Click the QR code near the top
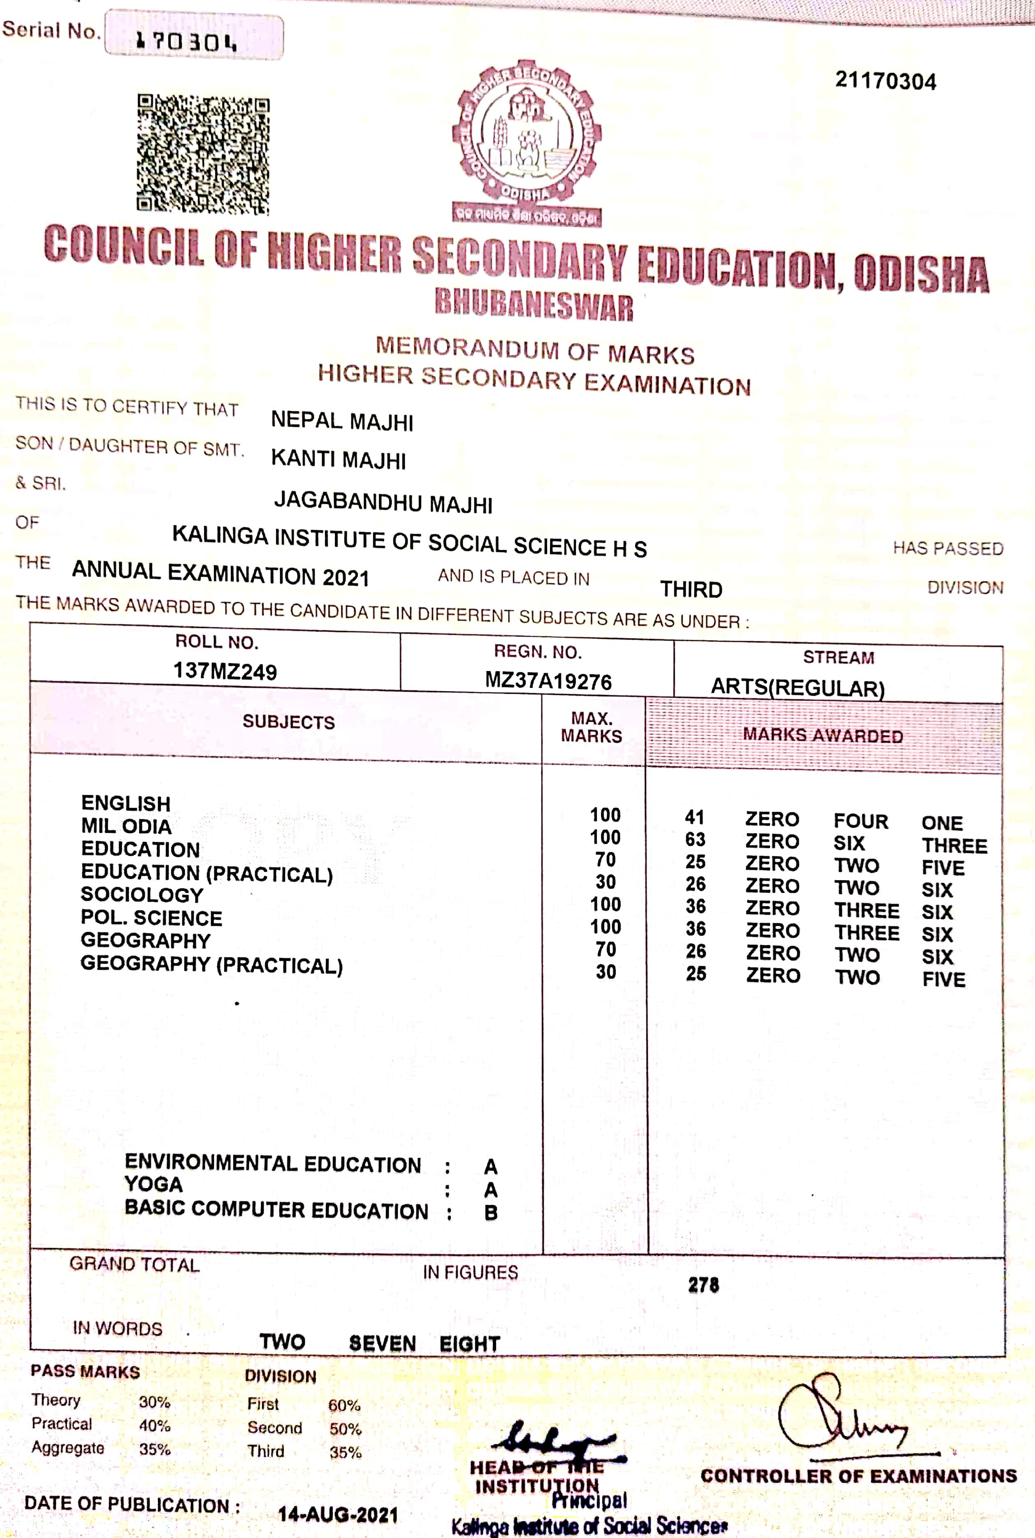tap(203, 154)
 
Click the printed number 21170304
tap(885, 81)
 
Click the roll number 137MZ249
tap(225, 671)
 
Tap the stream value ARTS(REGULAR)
tap(797, 687)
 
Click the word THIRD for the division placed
tap(691, 589)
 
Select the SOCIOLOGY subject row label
tap(142, 895)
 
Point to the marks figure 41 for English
tap(694, 818)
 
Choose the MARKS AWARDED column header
tap(822, 735)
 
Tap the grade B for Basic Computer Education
tap(490, 1212)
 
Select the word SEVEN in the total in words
tap(382, 1343)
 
